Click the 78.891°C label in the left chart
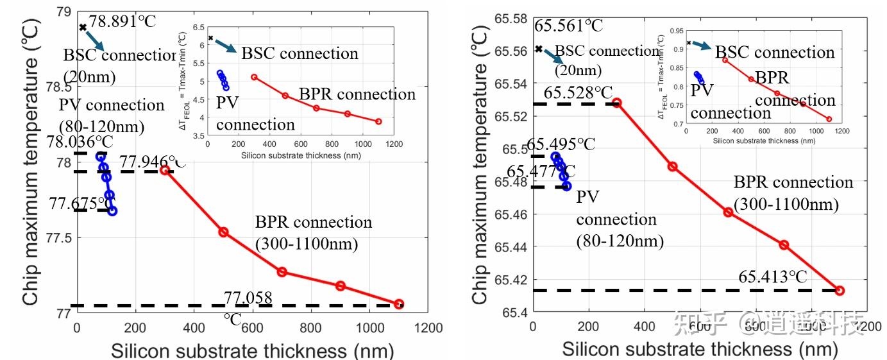pyautogui.click(x=122, y=21)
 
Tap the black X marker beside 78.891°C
pyautogui.click(x=83, y=27)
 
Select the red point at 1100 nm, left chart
pyautogui.click(x=399, y=304)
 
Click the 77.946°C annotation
pyautogui.click(x=153, y=161)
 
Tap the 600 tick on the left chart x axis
pyautogui.click(x=252, y=328)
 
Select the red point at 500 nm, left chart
pyautogui.click(x=223, y=232)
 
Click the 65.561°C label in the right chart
pyautogui.click(x=569, y=26)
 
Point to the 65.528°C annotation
pyautogui.click(x=579, y=93)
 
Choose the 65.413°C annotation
pyautogui.click(x=773, y=277)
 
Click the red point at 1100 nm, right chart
pyautogui.click(x=840, y=291)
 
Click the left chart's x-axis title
pyautogui.click(x=252, y=350)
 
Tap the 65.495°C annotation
pyautogui.click(x=561, y=145)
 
